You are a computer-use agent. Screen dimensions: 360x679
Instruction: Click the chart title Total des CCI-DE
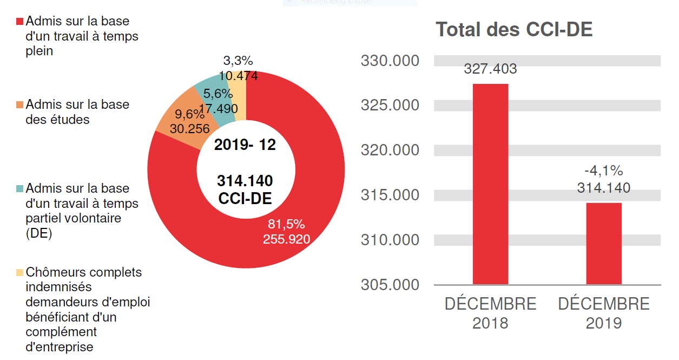[x=514, y=30]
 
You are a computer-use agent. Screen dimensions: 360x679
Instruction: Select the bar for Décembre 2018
[x=490, y=184]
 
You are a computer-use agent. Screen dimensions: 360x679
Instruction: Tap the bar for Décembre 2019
[x=604, y=244]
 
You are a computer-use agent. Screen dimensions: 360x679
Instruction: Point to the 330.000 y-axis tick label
[x=390, y=61]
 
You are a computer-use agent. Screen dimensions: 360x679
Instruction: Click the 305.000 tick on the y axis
[x=390, y=284]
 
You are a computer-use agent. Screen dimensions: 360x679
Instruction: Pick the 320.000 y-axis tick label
[x=390, y=150]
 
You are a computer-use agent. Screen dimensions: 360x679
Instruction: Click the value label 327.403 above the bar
[x=490, y=69]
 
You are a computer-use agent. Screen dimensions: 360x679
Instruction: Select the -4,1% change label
[x=604, y=172]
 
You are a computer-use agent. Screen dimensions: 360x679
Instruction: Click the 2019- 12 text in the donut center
[x=245, y=145]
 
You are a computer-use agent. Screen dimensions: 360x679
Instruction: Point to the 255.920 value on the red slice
[x=286, y=239]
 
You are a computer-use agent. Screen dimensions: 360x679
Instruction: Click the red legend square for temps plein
[x=20, y=22]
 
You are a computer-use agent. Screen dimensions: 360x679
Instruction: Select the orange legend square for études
[x=20, y=104]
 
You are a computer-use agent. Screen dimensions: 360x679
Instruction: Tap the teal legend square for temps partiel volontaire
[x=20, y=189]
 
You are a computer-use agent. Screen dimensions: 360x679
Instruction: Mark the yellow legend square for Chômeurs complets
[x=20, y=272]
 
